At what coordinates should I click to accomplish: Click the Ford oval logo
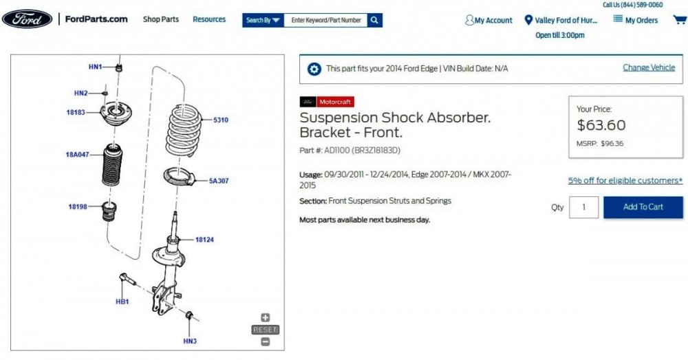coord(28,19)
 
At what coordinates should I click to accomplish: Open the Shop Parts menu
coord(161,19)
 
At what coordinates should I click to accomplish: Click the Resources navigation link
coord(209,19)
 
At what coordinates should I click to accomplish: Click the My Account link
coord(489,21)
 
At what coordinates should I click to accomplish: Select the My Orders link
coord(636,20)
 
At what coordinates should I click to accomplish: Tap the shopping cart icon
coord(679,19)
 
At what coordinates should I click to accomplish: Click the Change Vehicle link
coord(649,67)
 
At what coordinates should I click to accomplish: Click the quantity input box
coord(584,207)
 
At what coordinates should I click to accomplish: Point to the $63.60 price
coord(601,125)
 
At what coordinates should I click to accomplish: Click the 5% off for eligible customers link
coord(625,180)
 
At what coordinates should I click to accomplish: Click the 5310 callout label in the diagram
coord(221,120)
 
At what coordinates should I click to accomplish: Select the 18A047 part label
coord(78,155)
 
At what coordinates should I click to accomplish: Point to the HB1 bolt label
coord(122,301)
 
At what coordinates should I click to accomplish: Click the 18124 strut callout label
coord(204,240)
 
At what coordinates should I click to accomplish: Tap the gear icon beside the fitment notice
coord(314,69)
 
